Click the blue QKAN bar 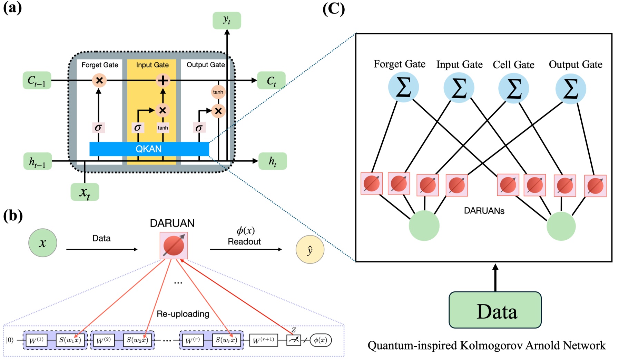[149, 149]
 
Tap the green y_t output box [227, 20]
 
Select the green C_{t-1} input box [37, 81]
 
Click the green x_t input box [85, 192]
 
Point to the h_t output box [273, 161]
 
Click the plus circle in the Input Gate [163, 81]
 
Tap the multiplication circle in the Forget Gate [99, 81]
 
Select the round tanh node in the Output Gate [218, 92]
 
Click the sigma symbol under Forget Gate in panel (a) [98, 128]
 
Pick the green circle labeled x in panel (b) [42, 243]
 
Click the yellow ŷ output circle [310, 250]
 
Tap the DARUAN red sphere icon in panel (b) [174, 246]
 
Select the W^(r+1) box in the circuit [263, 340]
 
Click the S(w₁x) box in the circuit [70, 340]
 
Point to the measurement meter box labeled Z [293, 340]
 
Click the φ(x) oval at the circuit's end [321, 340]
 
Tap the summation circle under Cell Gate [513, 88]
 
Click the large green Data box [495, 310]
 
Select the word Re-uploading [183, 314]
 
